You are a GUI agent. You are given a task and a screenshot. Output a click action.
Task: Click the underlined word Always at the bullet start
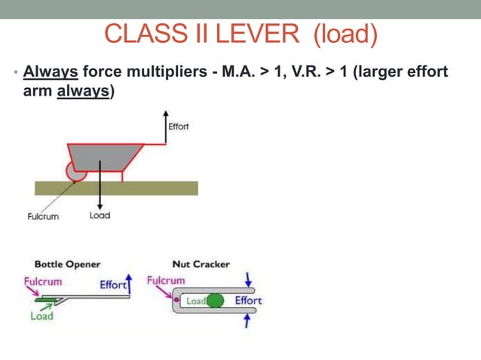click(x=51, y=72)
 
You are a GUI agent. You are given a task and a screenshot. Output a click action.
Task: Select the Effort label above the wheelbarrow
click(x=179, y=126)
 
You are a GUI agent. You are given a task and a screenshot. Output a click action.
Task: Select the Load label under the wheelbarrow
click(x=100, y=215)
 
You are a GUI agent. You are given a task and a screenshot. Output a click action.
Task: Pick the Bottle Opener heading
click(x=67, y=264)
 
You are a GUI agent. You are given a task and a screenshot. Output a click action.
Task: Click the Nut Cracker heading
click(x=201, y=264)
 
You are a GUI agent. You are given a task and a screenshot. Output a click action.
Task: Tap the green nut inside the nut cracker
click(x=216, y=301)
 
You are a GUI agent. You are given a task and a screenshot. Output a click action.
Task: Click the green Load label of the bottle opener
click(x=41, y=316)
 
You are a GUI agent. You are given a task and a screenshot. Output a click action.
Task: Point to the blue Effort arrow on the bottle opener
click(x=129, y=284)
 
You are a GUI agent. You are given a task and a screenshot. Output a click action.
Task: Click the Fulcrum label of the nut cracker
click(x=166, y=280)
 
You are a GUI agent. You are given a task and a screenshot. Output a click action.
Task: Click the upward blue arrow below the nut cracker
click(x=247, y=320)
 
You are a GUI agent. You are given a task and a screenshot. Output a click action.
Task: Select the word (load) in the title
click(x=345, y=34)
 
